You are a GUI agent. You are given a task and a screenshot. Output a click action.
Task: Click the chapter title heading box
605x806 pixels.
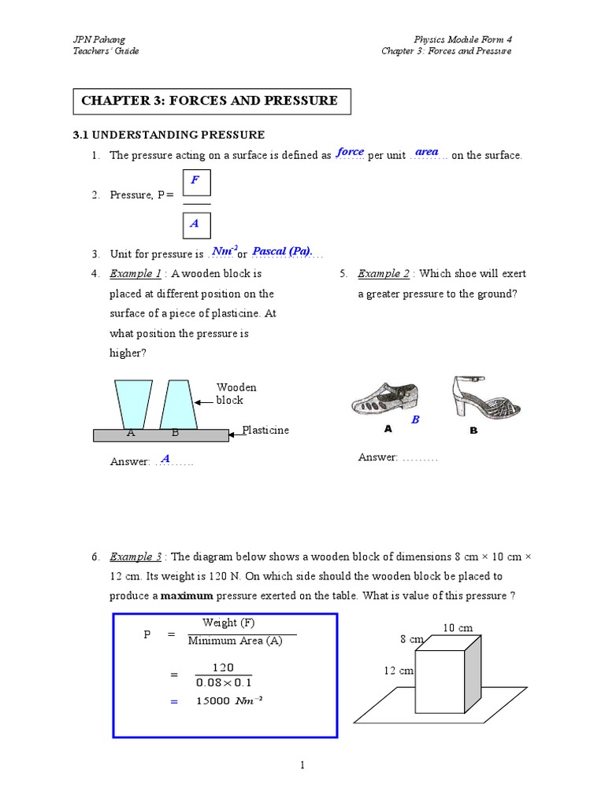(x=212, y=102)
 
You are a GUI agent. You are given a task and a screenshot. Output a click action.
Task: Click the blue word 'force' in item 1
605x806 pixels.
(x=350, y=152)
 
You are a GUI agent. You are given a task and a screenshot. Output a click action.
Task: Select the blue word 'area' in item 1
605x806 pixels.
(x=426, y=152)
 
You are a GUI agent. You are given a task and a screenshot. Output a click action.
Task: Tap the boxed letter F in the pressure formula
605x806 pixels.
(x=195, y=180)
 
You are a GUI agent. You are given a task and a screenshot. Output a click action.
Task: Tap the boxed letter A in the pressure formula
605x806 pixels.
(x=195, y=224)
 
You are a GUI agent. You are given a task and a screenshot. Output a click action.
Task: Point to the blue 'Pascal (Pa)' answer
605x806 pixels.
(x=281, y=251)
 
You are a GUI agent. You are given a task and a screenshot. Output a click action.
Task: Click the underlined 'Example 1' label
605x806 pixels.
(x=135, y=274)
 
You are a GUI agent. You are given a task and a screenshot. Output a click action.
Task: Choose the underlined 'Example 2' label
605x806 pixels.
(x=384, y=274)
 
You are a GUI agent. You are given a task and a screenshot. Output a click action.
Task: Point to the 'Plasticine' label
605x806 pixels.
(x=265, y=431)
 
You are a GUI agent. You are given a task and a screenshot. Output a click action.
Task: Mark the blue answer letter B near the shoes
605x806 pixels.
(x=415, y=420)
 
